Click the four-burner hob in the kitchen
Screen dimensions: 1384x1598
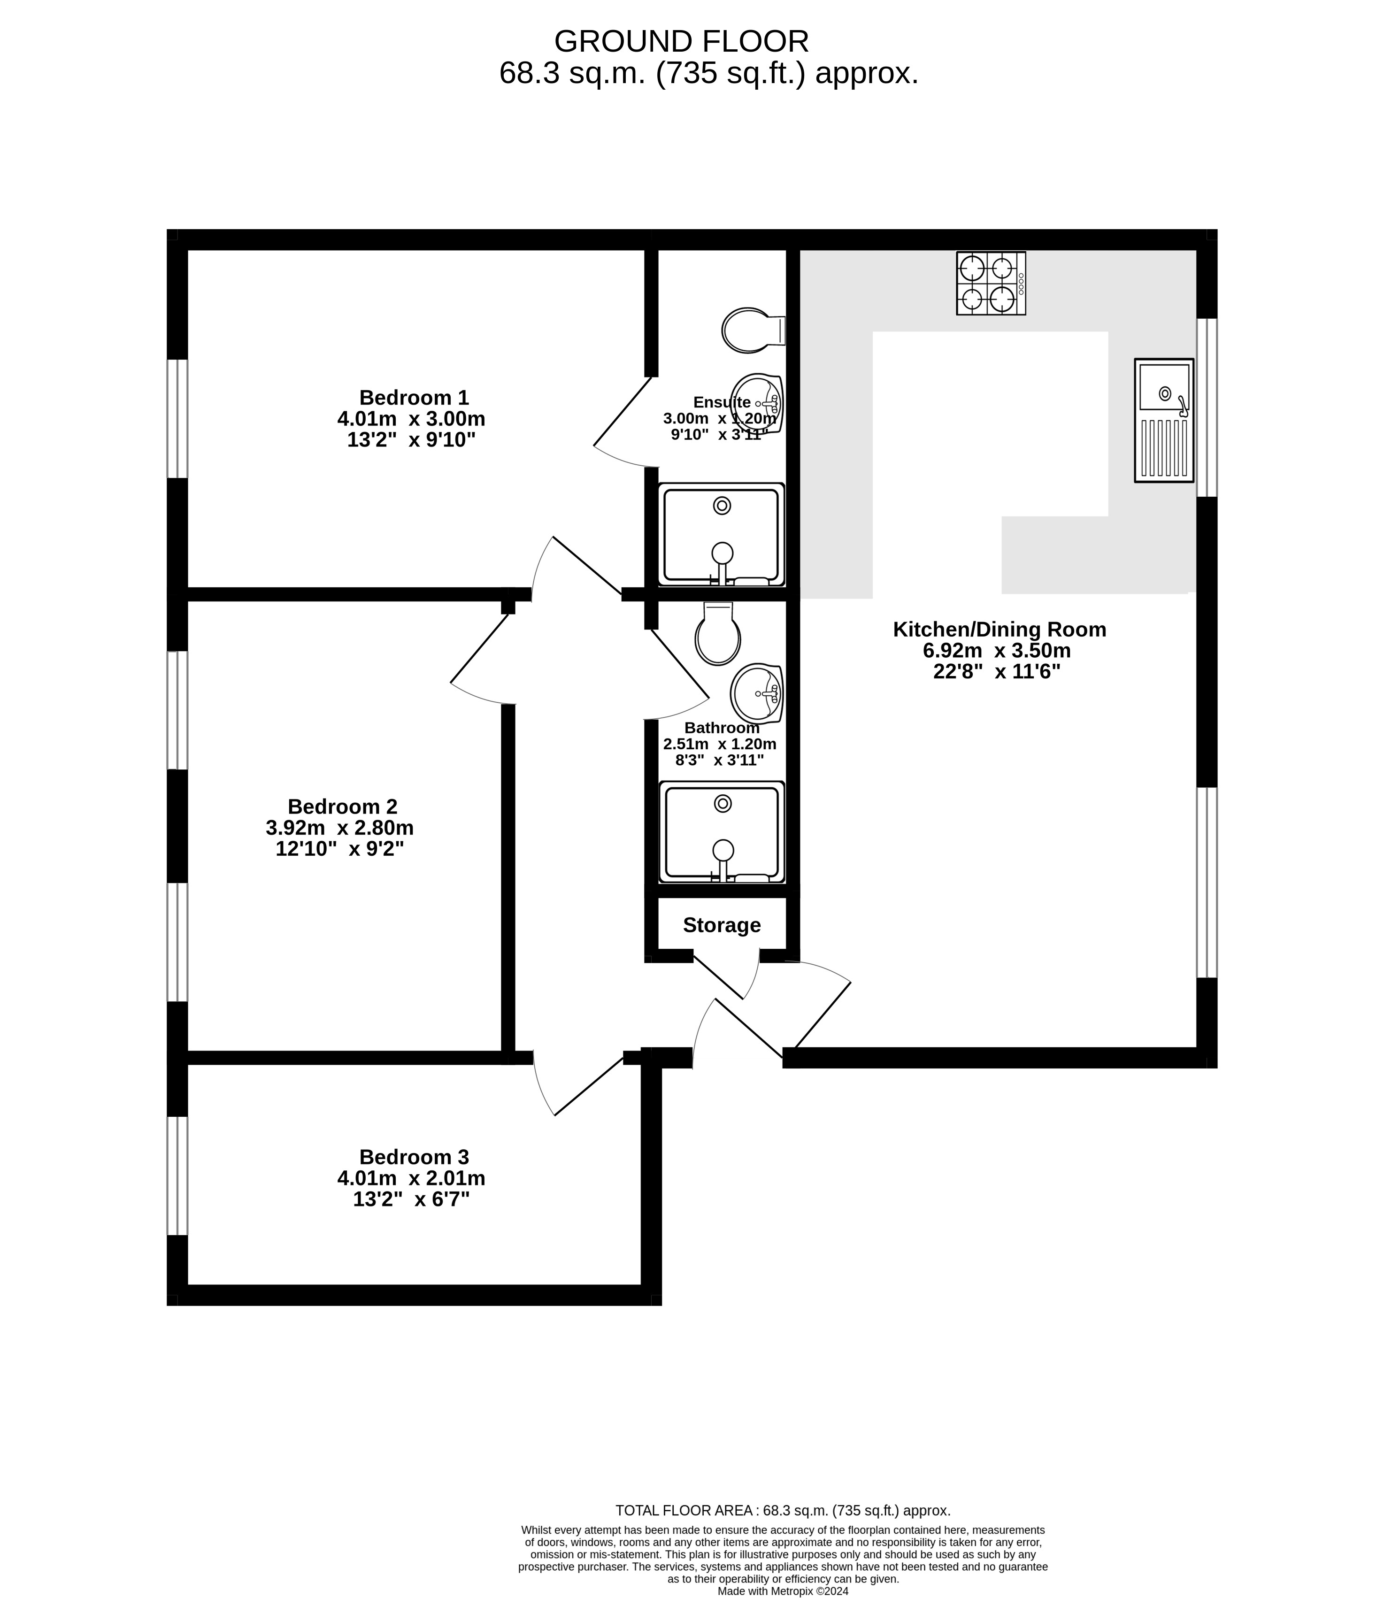pyautogui.click(x=991, y=284)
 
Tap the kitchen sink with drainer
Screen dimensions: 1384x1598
pyautogui.click(x=1164, y=420)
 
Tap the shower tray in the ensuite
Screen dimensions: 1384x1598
pyautogui.click(x=722, y=535)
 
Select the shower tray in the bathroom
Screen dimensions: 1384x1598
pyautogui.click(x=722, y=832)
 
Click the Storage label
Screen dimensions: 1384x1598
pyautogui.click(x=722, y=925)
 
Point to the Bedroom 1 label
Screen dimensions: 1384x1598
pyautogui.click(x=414, y=398)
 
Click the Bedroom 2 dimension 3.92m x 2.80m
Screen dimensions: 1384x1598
pyautogui.click(x=340, y=828)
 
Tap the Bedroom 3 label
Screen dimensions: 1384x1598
pyautogui.click(x=414, y=1157)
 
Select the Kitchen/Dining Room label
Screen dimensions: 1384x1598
pyautogui.click(x=1000, y=630)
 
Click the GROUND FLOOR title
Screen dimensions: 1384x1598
pyautogui.click(x=681, y=41)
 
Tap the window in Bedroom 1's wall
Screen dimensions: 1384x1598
pyautogui.click(x=177, y=419)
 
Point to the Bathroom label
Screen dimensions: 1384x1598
pyautogui.click(x=722, y=728)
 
